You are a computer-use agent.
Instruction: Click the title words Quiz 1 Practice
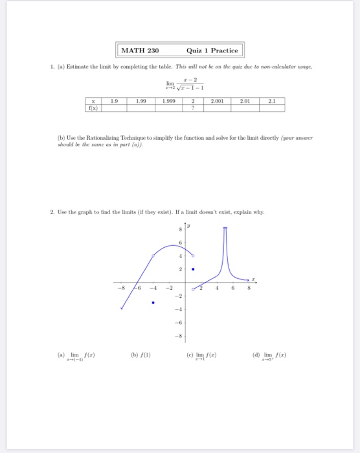pos(212,50)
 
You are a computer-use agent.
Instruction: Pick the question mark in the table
pos(192,109)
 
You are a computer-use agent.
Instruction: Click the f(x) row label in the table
pos(95,109)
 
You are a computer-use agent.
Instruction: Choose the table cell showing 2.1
pos(272,101)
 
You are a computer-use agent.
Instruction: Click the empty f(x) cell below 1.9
pos(114,109)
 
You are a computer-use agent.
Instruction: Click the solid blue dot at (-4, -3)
pos(153,302)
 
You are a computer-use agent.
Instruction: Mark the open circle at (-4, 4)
pos(153,256)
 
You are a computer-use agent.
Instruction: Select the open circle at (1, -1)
pos(192,289)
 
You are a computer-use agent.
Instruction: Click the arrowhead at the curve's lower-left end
pos(122,309)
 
